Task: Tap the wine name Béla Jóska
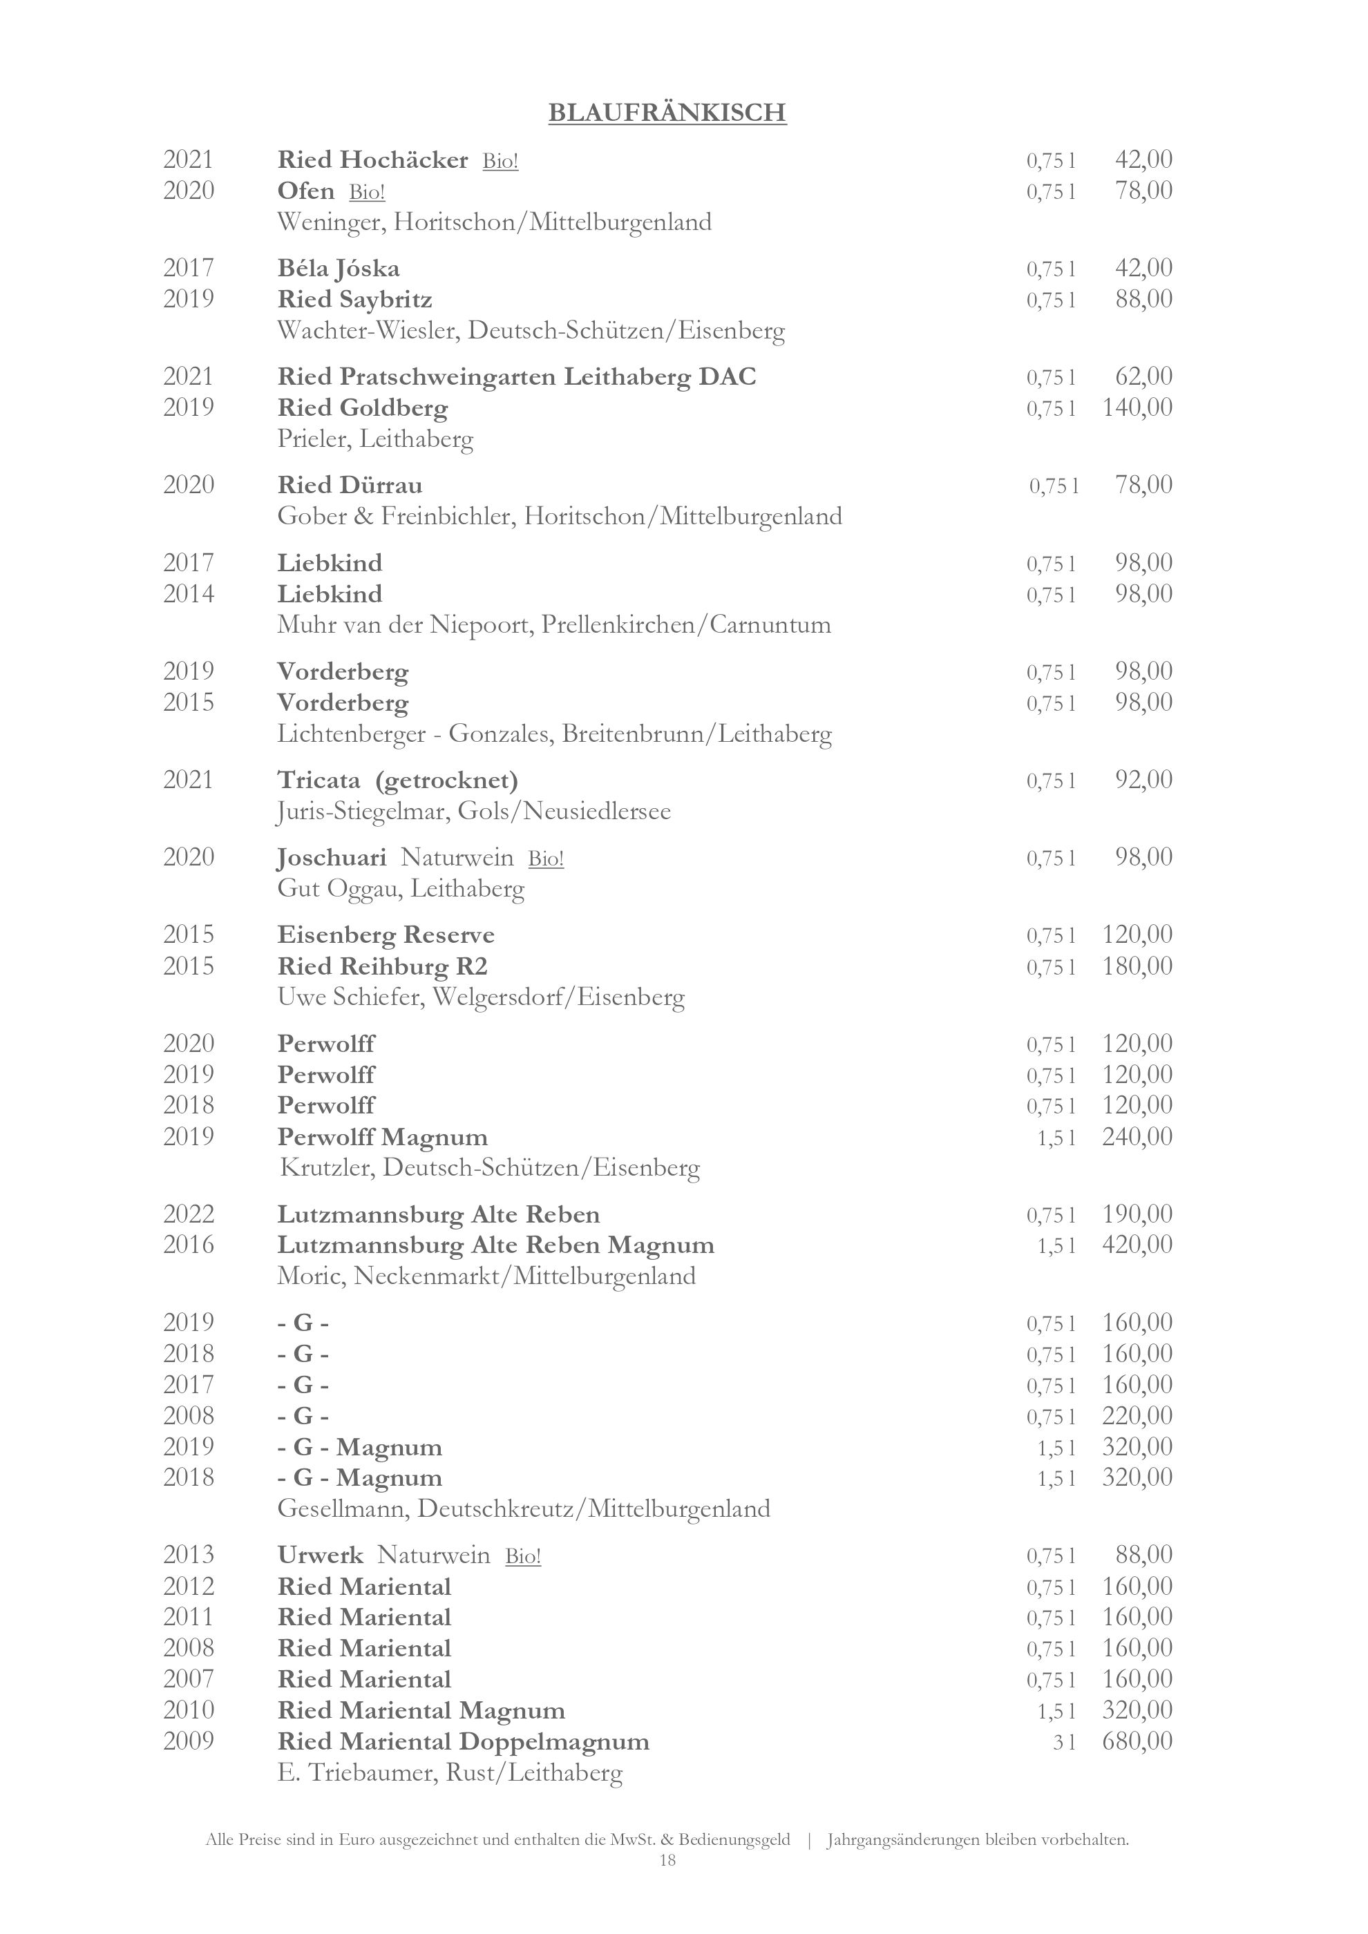pos(339,269)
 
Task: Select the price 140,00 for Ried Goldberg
pos(1137,408)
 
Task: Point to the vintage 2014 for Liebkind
pos(189,594)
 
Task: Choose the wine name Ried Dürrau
pos(350,485)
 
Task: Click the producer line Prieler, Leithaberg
pos(375,439)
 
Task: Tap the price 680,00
pos(1137,1741)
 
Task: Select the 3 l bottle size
pos(1064,1742)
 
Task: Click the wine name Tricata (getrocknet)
pos(397,780)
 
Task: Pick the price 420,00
pos(1137,1245)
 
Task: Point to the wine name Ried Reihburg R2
pos(383,966)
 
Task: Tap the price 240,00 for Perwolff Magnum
pos(1137,1137)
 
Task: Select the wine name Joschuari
pos(332,857)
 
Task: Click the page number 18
pos(667,1860)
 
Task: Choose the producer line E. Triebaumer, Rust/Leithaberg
pos(450,1773)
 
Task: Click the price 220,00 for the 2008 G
pos(1137,1415)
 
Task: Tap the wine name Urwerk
pos(320,1555)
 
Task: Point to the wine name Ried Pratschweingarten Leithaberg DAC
pos(516,376)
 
